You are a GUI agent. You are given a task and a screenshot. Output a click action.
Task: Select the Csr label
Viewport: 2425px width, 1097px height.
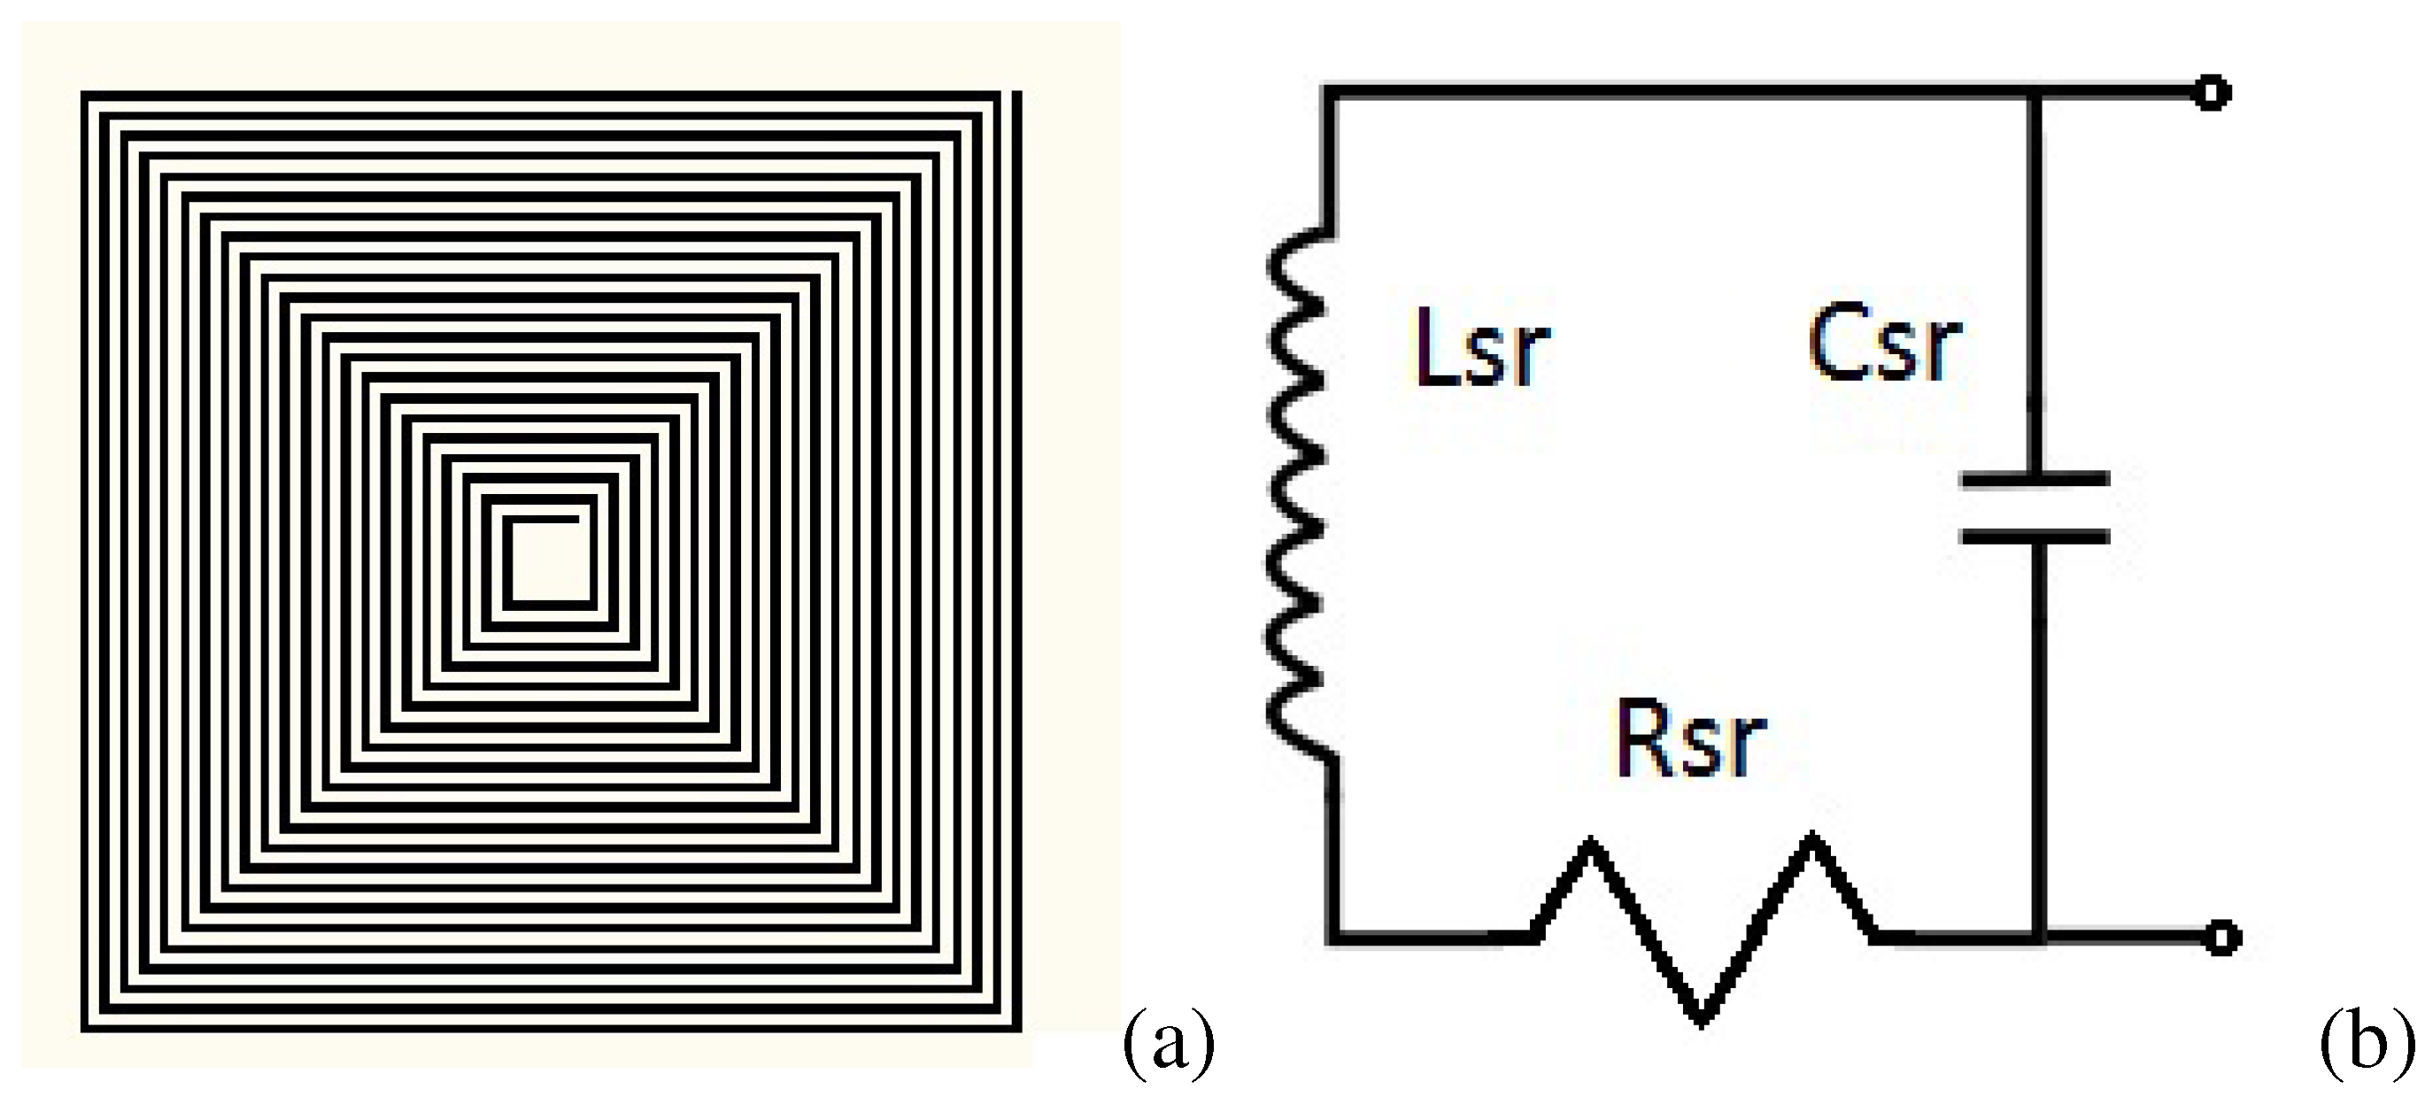tap(1885, 344)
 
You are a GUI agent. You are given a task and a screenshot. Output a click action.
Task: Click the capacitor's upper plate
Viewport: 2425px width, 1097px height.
tap(2035, 479)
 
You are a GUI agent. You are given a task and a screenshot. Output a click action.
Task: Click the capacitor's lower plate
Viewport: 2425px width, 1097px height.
tap(2035, 537)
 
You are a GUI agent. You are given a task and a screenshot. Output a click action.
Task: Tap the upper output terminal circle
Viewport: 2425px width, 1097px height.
tap(2212, 93)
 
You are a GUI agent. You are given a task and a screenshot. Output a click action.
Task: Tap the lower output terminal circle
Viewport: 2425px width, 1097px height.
tap(2222, 938)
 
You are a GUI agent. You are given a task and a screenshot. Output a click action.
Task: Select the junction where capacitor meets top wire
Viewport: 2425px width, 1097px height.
tap(2035, 92)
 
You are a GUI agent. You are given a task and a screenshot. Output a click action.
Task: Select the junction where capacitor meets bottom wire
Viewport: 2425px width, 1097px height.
tap(2038, 937)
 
